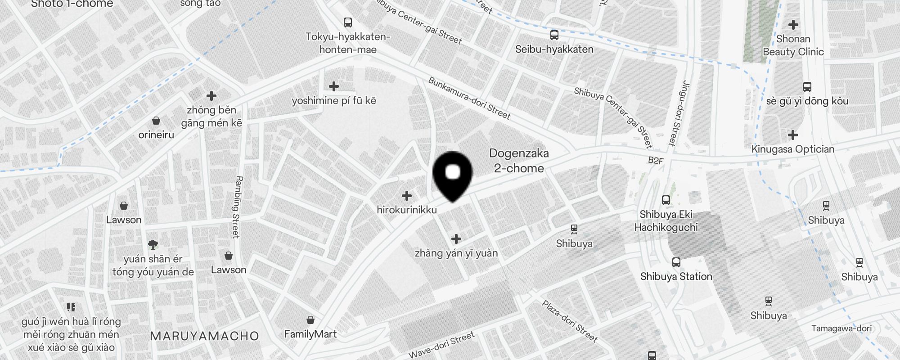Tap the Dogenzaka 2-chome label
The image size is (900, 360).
pyautogui.click(x=519, y=161)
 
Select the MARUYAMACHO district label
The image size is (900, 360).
pyautogui.click(x=204, y=336)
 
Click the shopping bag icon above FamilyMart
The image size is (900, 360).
pyautogui.click(x=310, y=320)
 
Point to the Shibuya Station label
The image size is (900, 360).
pyautogui.click(x=676, y=276)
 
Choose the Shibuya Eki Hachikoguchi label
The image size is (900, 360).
pyautogui.click(x=666, y=220)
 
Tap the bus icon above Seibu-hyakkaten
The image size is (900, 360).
pyautogui.click(x=554, y=35)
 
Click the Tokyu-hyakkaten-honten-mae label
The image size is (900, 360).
pyautogui.click(x=348, y=43)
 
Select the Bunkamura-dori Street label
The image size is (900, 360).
pyautogui.click(x=469, y=99)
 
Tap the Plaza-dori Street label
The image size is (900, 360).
pyautogui.click(x=570, y=321)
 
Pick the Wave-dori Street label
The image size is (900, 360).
pyautogui.click(x=441, y=345)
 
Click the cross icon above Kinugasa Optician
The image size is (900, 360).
pyautogui.click(x=793, y=135)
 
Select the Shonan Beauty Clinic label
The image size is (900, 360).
pyautogui.click(x=793, y=45)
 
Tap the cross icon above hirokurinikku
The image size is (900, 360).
pyautogui.click(x=407, y=196)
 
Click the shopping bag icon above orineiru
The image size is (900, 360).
pyautogui.click(x=156, y=121)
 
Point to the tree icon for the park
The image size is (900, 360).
pyautogui.click(x=153, y=245)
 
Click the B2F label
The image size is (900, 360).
pyautogui.click(x=656, y=160)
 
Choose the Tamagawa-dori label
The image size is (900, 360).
pyautogui.click(x=841, y=328)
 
